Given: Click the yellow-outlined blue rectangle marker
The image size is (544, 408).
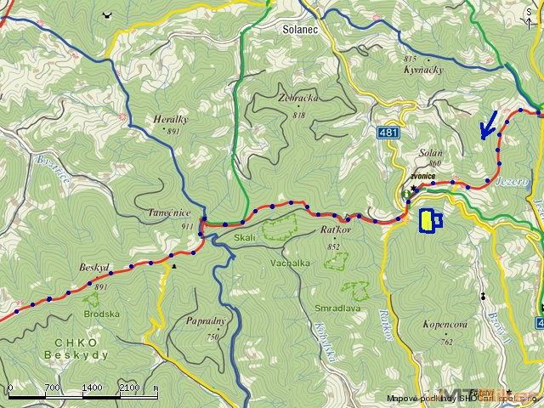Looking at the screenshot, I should [x=429, y=221].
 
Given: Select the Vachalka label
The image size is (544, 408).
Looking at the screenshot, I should [x=291, y=264].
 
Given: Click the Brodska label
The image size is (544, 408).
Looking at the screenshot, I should [x=101, y=314].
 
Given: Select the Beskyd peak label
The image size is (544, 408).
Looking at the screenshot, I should [x=93, y=267].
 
